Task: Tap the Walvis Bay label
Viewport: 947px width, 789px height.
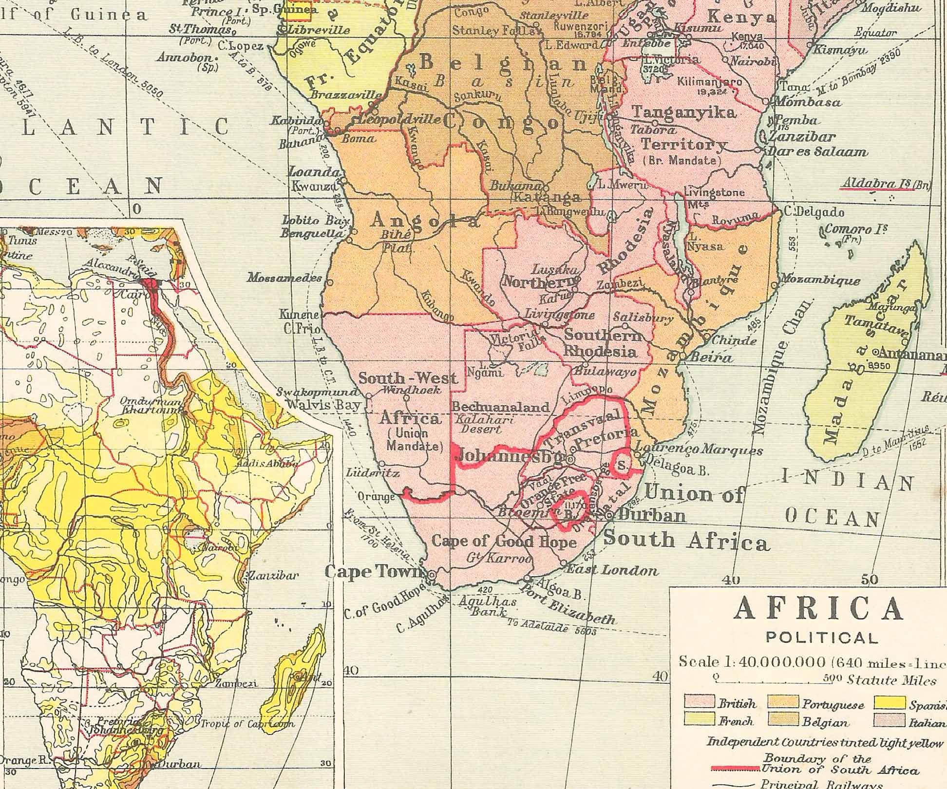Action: click(323, 404)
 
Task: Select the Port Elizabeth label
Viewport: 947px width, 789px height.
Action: click(568, 604)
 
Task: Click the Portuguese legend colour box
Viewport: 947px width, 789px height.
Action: click(783, 702)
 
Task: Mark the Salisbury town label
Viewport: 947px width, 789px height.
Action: click(643, 318)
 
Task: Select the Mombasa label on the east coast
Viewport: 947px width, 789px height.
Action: click(807, 102)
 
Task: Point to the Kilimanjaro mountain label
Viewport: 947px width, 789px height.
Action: click(709, 82)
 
